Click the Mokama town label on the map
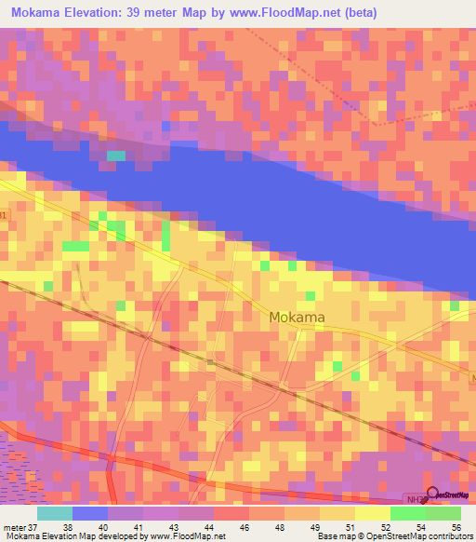pos(297,317)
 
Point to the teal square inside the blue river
pos(116,156)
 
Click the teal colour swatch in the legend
pos(55,513)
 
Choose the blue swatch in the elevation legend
pos(90,513)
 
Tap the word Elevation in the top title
pos(94,11)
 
